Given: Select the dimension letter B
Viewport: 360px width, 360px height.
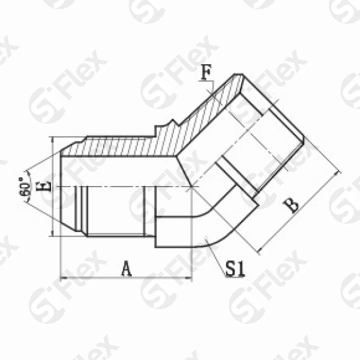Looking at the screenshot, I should coord(291,205).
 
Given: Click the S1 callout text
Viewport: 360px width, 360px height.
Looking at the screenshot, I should coord(235,269).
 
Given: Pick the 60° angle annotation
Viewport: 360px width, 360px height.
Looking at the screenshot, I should coord(25,188).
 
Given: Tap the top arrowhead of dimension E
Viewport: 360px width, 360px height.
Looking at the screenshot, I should coord(53,139).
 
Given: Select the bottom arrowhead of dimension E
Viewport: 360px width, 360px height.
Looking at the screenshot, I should coord(53,235).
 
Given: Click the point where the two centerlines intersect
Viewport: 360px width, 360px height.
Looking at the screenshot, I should coord(191,188).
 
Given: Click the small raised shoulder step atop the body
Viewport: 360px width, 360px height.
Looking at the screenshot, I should coord(161,128).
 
